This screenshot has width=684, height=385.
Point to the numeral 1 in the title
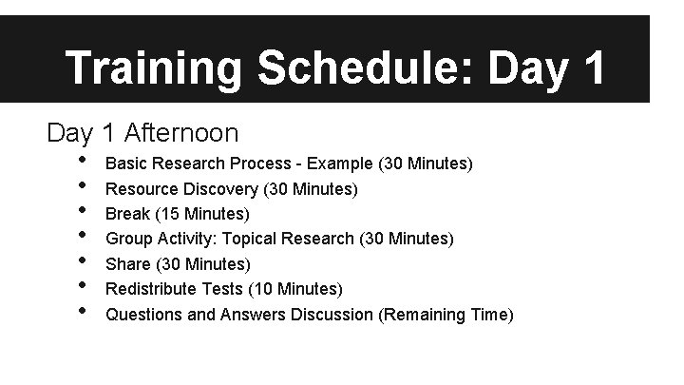(x=590, y=68)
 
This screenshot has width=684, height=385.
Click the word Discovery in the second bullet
(x=214, y=189)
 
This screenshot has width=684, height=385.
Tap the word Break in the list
(x=126, y=214)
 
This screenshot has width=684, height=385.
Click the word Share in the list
(x=127, y=263)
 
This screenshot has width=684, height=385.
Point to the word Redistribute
(x=149, y=288)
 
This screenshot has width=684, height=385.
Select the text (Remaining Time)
(x=446, y=313)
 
